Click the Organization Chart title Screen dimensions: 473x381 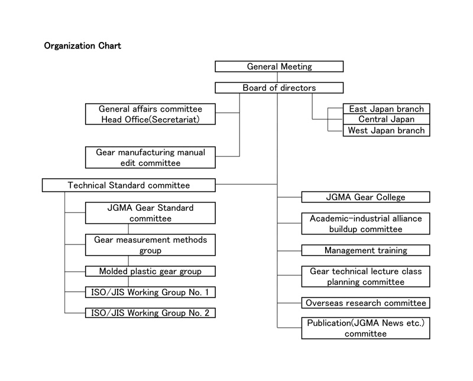point(82,46)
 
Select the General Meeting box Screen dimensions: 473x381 point(279,66)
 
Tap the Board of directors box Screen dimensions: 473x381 point(279,87)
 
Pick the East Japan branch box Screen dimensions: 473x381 point(387,109)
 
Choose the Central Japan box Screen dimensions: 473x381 point(387,119)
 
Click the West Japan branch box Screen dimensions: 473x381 point(387,130)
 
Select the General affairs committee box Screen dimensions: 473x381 point(150,114)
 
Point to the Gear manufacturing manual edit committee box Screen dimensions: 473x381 point(150,157)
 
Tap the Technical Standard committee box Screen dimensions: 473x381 point(129,185)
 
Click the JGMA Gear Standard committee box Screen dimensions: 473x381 point(150,213)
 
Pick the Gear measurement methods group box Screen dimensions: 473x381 point(150,245)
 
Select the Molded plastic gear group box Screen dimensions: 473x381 point(150,271)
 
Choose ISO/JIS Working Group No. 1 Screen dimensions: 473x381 point(150,292)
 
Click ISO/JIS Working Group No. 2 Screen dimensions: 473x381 point(150,313)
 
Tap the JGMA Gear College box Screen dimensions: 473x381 point(365,197)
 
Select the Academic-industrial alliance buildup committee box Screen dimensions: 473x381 point(365,224)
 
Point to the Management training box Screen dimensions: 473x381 point(365,250)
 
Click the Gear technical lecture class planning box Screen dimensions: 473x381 point(365,276)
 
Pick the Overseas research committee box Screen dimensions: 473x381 point(365,302)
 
